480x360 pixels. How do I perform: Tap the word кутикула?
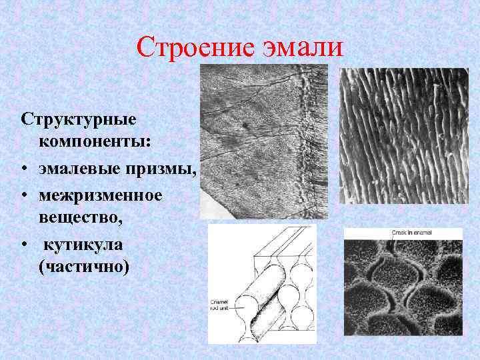point(83,244)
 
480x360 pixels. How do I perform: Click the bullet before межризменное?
point(23,195)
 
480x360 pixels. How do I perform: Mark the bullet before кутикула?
point(23,245)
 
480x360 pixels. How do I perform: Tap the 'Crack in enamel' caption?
point(406,232)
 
